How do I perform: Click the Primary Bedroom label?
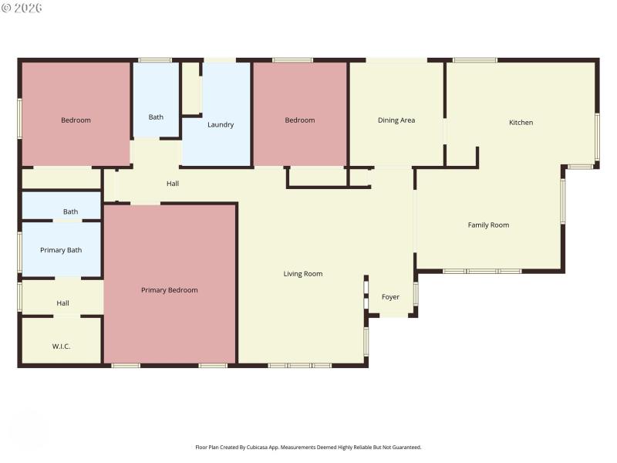click(169, 290)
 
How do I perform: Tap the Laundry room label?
click(221, 124)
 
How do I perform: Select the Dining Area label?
click(396, 120)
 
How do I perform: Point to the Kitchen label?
click(521, 122)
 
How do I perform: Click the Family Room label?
click(488, 225)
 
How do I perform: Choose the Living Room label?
click(303, 273)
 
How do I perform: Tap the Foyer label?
click(390, 296)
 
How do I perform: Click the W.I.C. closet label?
click(62, 346)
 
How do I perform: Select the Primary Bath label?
click(61, 249)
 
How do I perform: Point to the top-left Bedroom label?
click(76, 120)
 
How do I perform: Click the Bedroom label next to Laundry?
click(300, 120)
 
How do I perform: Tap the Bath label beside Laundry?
click(156, 117)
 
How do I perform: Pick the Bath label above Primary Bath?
click(70, 211)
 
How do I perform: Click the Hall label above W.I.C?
click(62, 303)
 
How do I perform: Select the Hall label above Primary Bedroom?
click(173, 184)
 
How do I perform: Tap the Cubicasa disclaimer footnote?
click(308, 447)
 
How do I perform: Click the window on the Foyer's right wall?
click(416, 293)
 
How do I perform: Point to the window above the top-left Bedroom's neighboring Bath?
click(155, 59)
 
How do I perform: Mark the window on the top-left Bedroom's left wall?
click(19, 118)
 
